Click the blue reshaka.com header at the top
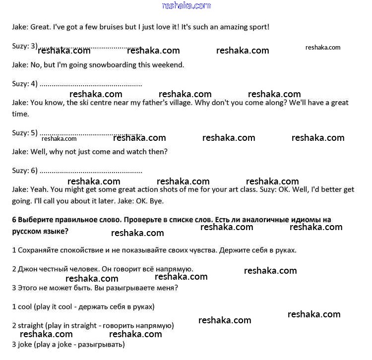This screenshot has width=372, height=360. (x=186, y=5)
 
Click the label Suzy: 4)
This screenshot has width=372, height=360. (x=25, y=83)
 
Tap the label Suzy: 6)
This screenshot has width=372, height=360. (x=25, y=171)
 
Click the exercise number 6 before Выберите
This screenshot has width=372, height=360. (x=14, y=219)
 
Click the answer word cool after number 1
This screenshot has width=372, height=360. (x=24, y=306)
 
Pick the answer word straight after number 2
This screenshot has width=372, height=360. (x=30, y=326)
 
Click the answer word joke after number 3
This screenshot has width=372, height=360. (x=24, y=344)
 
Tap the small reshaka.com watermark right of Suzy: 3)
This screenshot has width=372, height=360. (x=323, y=48)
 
